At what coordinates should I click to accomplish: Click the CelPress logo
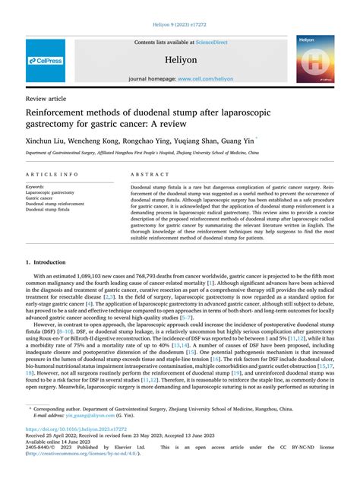coord(46,60)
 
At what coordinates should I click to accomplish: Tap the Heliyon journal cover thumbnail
coord(315,59)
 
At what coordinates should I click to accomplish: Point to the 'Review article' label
coord(47,99)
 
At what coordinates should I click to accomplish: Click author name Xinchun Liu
coord(46,141)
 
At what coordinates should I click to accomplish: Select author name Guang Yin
coord(237,141)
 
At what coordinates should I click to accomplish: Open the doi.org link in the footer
coord(77,429)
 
